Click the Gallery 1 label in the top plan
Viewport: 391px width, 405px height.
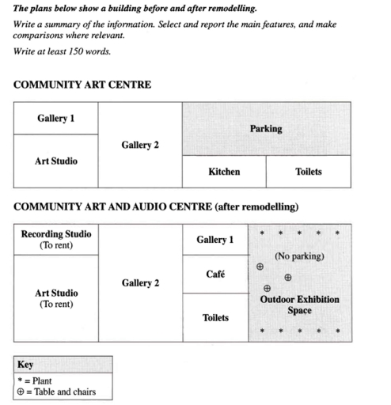tap(55, 118)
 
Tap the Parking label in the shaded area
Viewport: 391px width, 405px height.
tap(266, 129)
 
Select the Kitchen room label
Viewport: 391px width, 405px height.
tap(224, 172)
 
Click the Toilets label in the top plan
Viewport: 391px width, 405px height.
tap(308, 172)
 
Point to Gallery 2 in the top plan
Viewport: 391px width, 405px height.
tap(140, 146)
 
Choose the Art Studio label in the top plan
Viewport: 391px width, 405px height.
tap(55, 161)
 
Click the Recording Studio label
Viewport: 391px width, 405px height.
tap(55, 234)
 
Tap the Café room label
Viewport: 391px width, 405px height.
tap(214, 274)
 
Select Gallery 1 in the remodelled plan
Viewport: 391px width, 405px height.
tap(214, 240)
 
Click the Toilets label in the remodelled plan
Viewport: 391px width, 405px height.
tap(214, 318)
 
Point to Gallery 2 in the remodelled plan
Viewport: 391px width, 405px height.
tap(140, 283)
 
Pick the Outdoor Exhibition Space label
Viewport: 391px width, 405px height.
tap(299, 305)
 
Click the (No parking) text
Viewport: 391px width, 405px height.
tap(299, 257)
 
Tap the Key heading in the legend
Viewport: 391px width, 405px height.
tap(25, 365)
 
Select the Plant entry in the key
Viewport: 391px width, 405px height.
tap(36, 380)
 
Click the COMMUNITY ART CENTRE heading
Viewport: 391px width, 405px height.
tap(82, 85)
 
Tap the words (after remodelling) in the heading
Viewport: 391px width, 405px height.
tap(256, 207)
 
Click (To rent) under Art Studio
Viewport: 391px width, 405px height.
tap(55, 305)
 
